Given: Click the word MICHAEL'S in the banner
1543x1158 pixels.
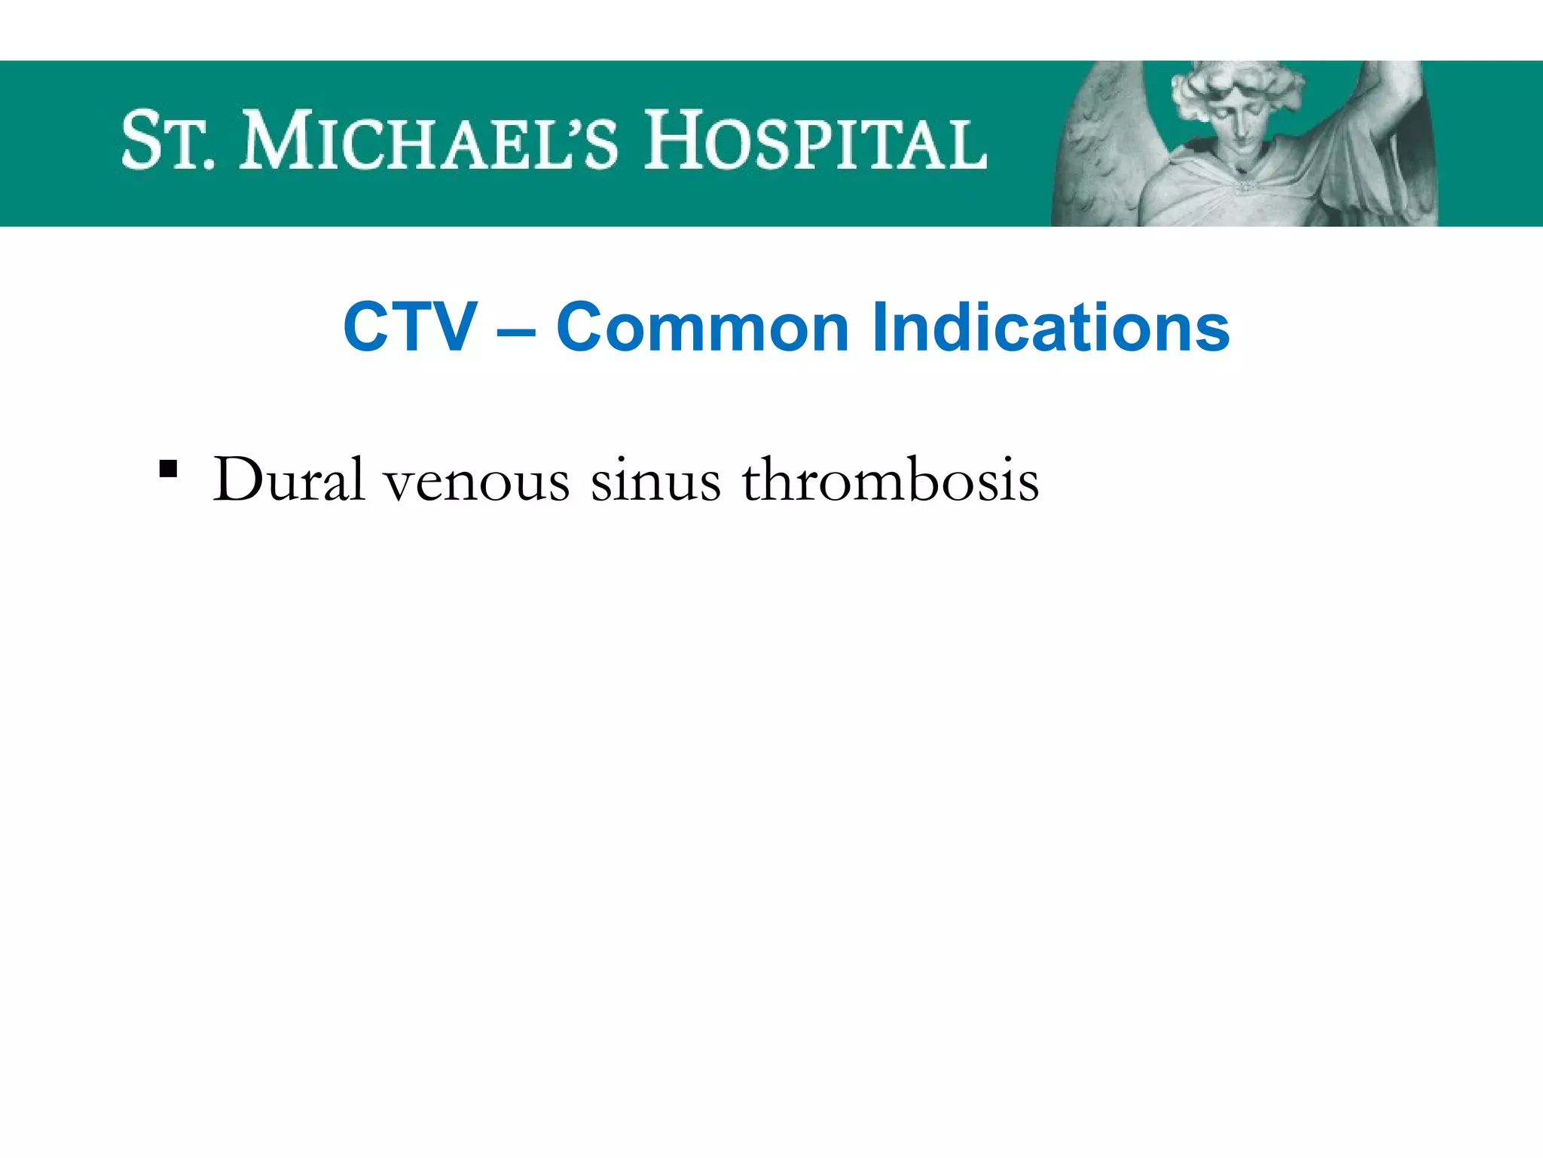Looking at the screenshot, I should [428, 141].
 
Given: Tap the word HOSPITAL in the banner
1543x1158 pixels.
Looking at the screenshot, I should [815, 141].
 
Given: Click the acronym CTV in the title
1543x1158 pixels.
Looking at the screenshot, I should [410, 327].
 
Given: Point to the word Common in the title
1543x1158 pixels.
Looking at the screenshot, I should [702, 327].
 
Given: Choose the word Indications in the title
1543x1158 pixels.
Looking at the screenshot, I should [1050, 327].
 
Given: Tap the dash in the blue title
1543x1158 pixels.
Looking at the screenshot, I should [517, 330].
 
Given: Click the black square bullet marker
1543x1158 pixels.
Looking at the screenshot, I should [168, 470].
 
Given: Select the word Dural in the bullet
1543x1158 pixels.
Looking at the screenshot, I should [289, 479].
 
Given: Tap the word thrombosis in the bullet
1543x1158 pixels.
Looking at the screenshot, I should [891, 479].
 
